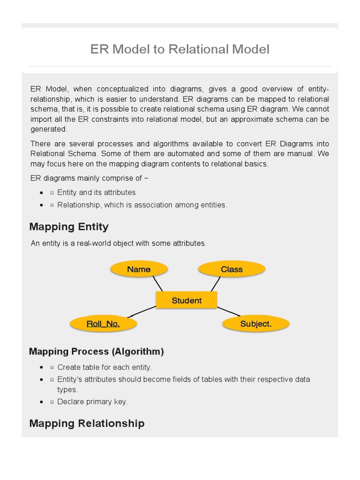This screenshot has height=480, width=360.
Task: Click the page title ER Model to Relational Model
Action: click(x=180, y=49)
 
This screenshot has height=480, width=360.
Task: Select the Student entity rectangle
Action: click(x=186, y=300)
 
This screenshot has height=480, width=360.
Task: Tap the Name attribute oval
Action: click(x=139, y=269)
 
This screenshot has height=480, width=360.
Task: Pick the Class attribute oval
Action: click(x=232, y=269)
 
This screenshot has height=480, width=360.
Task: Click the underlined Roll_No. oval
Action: click(x=103, y=323)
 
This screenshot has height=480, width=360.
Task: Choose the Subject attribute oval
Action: click(x=255, y=323)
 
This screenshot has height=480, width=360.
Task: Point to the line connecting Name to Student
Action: click(x=157, y=284)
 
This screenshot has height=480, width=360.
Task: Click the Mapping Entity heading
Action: click(x=69, y=227)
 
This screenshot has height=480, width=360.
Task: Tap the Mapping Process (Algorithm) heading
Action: click(x=96, y=352)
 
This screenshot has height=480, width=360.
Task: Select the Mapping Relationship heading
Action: click(x=87, y=423)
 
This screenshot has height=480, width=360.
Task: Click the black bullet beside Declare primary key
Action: click(x=42, y=402)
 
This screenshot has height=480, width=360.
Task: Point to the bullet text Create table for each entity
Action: click(x=105, y=367)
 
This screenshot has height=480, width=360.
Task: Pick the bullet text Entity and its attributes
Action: click(x=96, y=192)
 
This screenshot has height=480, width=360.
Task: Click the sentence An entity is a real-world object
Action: click(x=118, y=243)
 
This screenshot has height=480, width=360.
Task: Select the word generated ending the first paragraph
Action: click(x=49, y=129)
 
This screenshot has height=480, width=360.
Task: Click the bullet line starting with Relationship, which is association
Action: click(x=142, y=205)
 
